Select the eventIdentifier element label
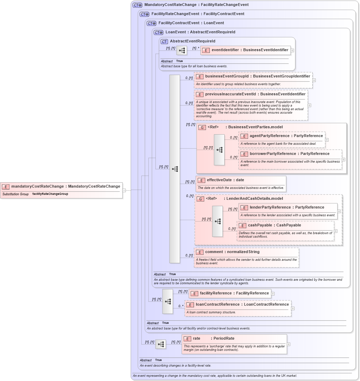(x=249, y=50)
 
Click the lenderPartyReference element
(x=287, y=207)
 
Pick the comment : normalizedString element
(x=232, y=252)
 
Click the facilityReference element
(x=234, y=293)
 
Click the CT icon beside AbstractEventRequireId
(x=164, y=41)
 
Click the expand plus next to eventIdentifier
(x=292, y=50)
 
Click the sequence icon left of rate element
(x=161, y=344)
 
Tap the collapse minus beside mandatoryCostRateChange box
(x=124, y=190)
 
